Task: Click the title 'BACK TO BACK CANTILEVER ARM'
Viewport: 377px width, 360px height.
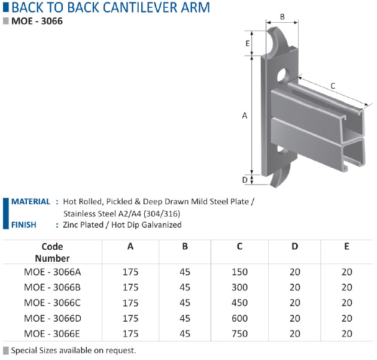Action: (x=111, y=7)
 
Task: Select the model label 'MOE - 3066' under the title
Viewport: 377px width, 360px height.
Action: (x=37, y=21)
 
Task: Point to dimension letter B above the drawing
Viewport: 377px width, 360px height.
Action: (x=282, y=17)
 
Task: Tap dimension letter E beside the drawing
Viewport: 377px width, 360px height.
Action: (x=248, y=43)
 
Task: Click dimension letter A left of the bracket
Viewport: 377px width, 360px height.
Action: (x=245, y=116)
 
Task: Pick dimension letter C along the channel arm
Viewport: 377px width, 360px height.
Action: (x=333, y=86)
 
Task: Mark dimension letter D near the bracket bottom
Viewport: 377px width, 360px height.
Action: (x=245, y=180)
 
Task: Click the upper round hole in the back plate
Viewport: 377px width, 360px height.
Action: (x=283, y=75)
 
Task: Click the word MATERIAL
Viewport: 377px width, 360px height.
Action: (x=31, y=201)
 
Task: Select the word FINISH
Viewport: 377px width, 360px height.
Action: (x=23, y=225)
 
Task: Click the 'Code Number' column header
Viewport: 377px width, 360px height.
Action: (x=52, y=252)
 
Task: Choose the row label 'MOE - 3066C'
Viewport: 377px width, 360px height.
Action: (x=52, y=302)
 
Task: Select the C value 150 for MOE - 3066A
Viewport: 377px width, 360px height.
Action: (x=239, y=272)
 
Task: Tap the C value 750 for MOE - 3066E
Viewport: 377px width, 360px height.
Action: (x=239, y=334)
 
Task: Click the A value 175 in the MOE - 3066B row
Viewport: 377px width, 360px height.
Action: (x=130, y=288)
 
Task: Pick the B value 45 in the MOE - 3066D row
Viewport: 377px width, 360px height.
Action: (x=185, y=318)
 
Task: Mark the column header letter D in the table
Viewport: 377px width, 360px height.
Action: (x=295, y=246)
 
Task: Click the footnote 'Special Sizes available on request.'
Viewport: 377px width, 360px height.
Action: (x=74, y=350)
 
